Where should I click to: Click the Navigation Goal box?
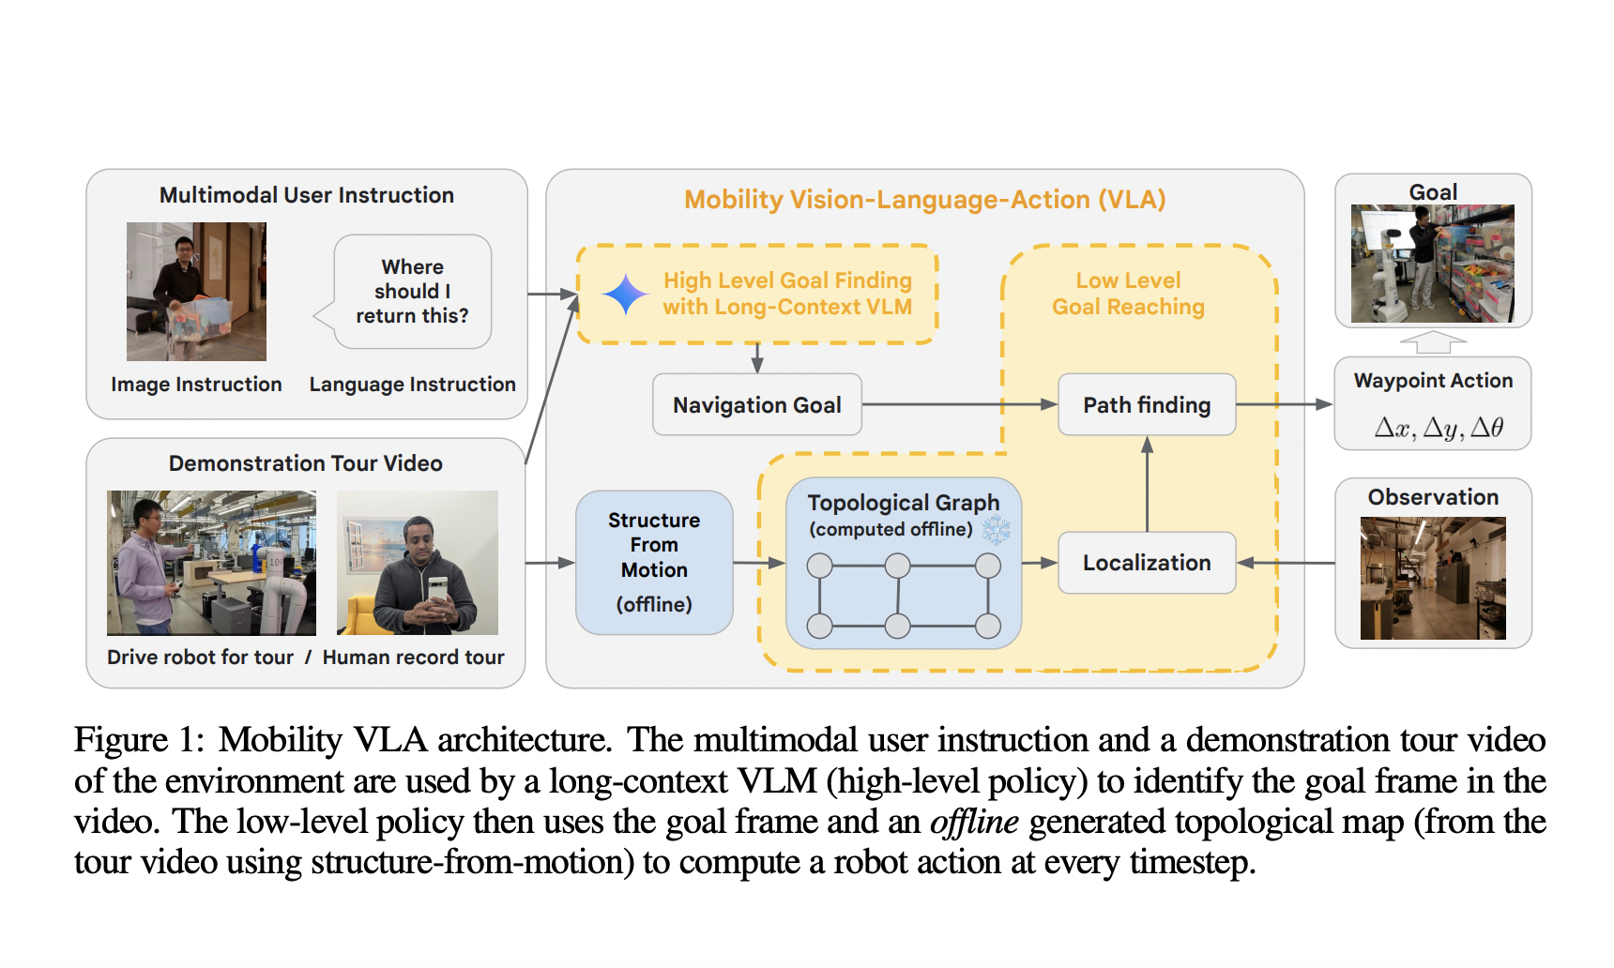[x=756, y=404]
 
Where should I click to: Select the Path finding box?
[x=1146, y=404]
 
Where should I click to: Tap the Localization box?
[x=1146, y=562]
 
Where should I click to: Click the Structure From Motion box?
[x=653, y=561]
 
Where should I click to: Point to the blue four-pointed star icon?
[x=625, y=295]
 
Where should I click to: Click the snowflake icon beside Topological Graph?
[x=996, y=530]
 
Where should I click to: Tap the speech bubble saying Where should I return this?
[x=412, y=292]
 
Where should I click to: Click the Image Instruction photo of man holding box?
[x=196, y=292]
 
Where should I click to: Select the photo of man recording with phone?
[x=417, y=562]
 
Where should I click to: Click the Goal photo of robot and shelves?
[x=1432, y=264]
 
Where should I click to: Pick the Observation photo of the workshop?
[x=1432, y=578]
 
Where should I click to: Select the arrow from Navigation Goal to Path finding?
[x=957, y=404]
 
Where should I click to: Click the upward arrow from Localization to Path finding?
[x=1147, y=483]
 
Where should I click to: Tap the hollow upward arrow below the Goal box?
[x=1432, y=342]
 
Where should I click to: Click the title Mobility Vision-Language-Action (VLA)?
[x=924, y=199]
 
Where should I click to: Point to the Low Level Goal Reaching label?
[x=1128, y=293]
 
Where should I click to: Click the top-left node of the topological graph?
[x=819, y=566]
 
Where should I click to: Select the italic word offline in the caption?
[x=973, y=822]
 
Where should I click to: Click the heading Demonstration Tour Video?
[x=305, y=462]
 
